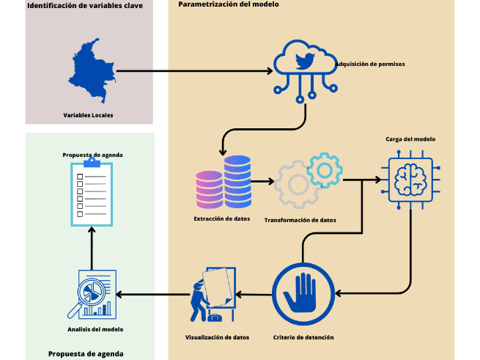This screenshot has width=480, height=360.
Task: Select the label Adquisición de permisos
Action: [x=369, y=65]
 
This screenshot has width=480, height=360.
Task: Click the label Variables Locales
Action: [x=88, y=115]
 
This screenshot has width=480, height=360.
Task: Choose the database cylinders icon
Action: [x=223, y=182]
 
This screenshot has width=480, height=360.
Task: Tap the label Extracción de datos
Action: [x=222, y=218]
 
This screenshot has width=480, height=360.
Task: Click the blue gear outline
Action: [x=325, y=170]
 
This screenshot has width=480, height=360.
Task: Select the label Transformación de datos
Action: [x=300, y=220]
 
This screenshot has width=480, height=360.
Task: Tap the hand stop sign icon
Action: [x=303, y=294]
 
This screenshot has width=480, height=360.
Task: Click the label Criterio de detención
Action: [x=303, y=337]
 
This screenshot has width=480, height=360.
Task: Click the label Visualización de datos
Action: [x=217, y=337]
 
